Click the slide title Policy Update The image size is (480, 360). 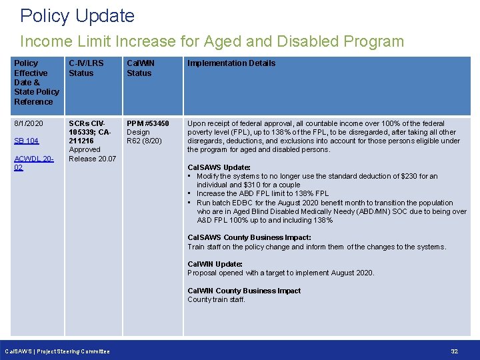(77, 16)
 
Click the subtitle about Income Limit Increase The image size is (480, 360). (212, 41)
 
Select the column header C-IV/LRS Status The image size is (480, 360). (86, 68)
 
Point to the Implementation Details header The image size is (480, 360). (231, 63)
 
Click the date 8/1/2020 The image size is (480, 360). (29, 123)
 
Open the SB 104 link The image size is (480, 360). (27, 141)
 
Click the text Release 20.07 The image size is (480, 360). (92, 159)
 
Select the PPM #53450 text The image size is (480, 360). (148, 123)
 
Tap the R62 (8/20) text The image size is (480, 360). (144, 141)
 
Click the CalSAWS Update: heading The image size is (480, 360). (219, 167)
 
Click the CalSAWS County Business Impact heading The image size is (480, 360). (249, 237)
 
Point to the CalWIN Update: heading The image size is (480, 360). (215, 264)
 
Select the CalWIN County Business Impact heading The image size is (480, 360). (244, 291)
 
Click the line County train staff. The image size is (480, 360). (216, 299)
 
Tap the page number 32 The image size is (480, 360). (455, 351)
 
